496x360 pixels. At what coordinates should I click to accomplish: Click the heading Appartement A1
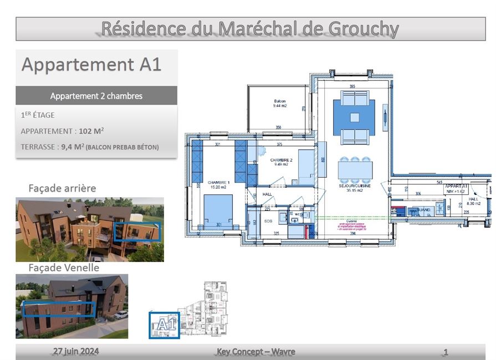click(x=91, y=65)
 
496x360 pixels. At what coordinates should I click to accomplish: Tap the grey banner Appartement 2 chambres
click(x=96, y=96)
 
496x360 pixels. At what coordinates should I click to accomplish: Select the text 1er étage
click(x=38, y=115)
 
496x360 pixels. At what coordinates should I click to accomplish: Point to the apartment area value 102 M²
click(x=91, y=131)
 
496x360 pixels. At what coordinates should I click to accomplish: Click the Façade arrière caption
click(x=62, y=188)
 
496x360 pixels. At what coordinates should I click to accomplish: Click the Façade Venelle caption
click(x=64, y=268)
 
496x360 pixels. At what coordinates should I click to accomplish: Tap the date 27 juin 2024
click(x=76, y=351)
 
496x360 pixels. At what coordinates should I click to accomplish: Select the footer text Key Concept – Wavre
click(x=255, y=352)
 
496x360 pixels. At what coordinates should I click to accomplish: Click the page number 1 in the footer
click(x=446, y=352)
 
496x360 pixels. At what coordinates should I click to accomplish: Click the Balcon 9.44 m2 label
click(x=279, y=104)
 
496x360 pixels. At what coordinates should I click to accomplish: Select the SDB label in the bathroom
click(x=268, y=221)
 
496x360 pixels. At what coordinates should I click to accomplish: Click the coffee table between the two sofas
click(x=354, y=117)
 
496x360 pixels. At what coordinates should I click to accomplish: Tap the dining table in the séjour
click(x=355, y=169)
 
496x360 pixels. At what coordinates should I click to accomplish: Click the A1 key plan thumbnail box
click(x=165, y=325)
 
